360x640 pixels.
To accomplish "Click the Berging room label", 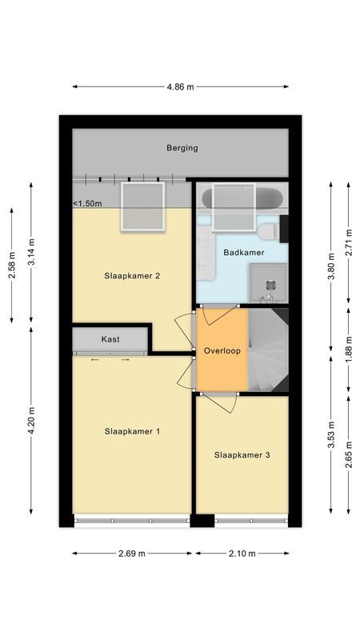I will (x=182, y=148).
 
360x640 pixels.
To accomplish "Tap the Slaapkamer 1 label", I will (x=132, y=431).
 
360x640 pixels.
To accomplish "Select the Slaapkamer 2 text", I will (x=132, y=276).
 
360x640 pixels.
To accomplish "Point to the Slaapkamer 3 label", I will (x=242, y=455).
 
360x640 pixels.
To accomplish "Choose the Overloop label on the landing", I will (x=221, y=351).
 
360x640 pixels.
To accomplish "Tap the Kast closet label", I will (x=110, y=340).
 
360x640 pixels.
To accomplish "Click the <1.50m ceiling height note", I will (x=88, y=204).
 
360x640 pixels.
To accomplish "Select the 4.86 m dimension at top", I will (x=181, y=87).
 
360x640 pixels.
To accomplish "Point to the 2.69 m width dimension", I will (x=132, y=553).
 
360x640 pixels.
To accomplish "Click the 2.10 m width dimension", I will (x=242, y=553).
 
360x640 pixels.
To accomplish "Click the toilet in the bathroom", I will (x=268, y=232).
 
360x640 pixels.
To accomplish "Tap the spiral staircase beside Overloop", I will (x=267, y=350).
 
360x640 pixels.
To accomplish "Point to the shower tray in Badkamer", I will (x=268, y=282).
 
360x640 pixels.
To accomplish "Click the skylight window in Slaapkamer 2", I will (x=142, y=206).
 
